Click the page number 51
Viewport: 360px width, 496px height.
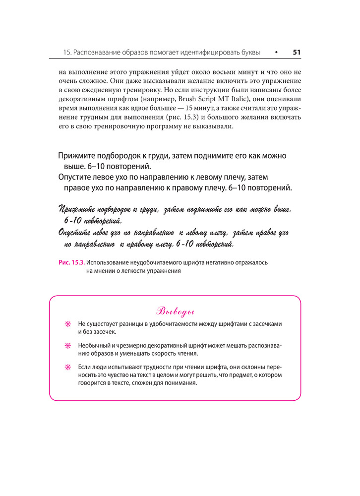pos(297,52)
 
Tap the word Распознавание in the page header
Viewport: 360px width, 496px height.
pos(99,52)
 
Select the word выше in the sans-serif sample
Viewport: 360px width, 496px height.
pos(74,166)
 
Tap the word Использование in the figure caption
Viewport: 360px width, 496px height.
pos(109,262)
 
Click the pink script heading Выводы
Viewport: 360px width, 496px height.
pos(175,312)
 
